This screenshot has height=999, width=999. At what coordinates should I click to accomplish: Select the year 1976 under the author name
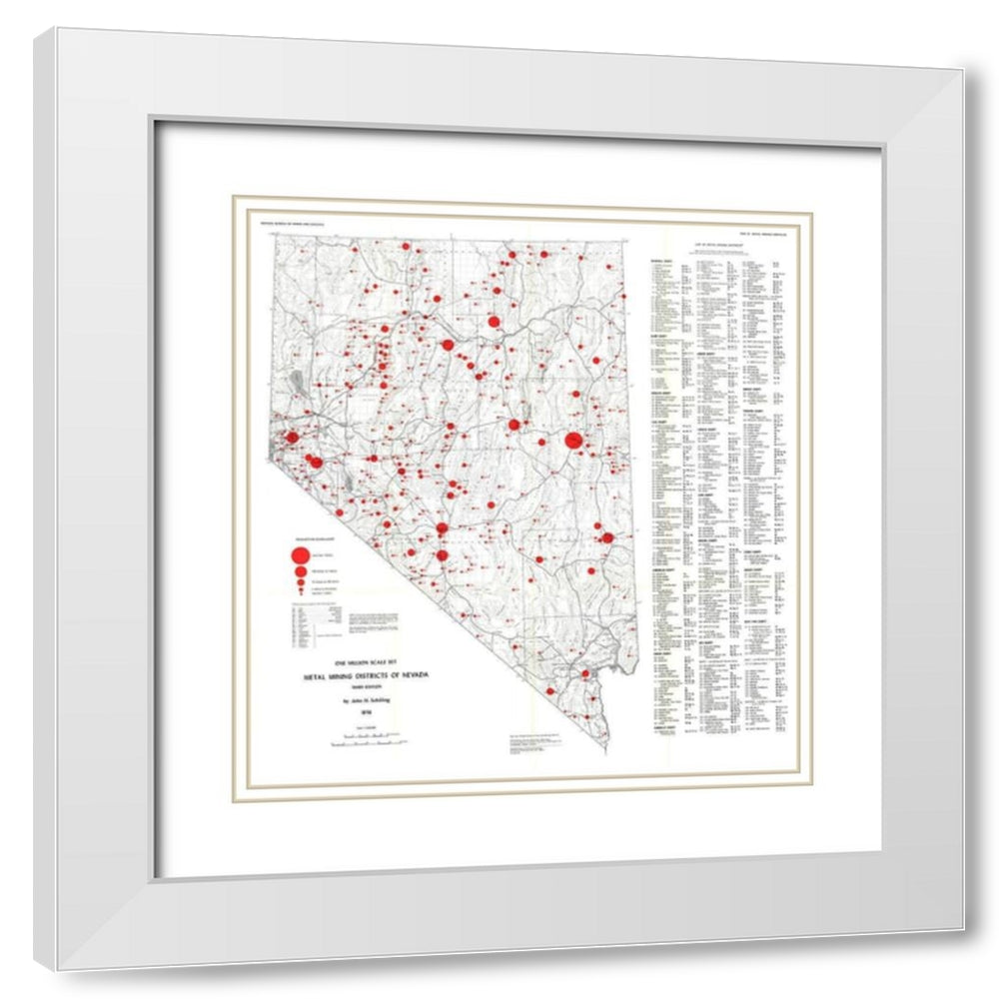pyautogui.click(x=354, y=713)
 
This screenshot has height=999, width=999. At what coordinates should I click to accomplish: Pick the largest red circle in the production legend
pyautogui.click(x=298, y=554)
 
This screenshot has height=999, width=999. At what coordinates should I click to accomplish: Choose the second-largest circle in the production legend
pyautogui.click(x=298, y=571)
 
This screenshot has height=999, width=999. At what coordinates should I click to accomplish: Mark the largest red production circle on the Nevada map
pyautogui.click(x=573, y=440)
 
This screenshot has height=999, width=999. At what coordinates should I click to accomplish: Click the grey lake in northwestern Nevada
pyautogui.click(x=297, y=380)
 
